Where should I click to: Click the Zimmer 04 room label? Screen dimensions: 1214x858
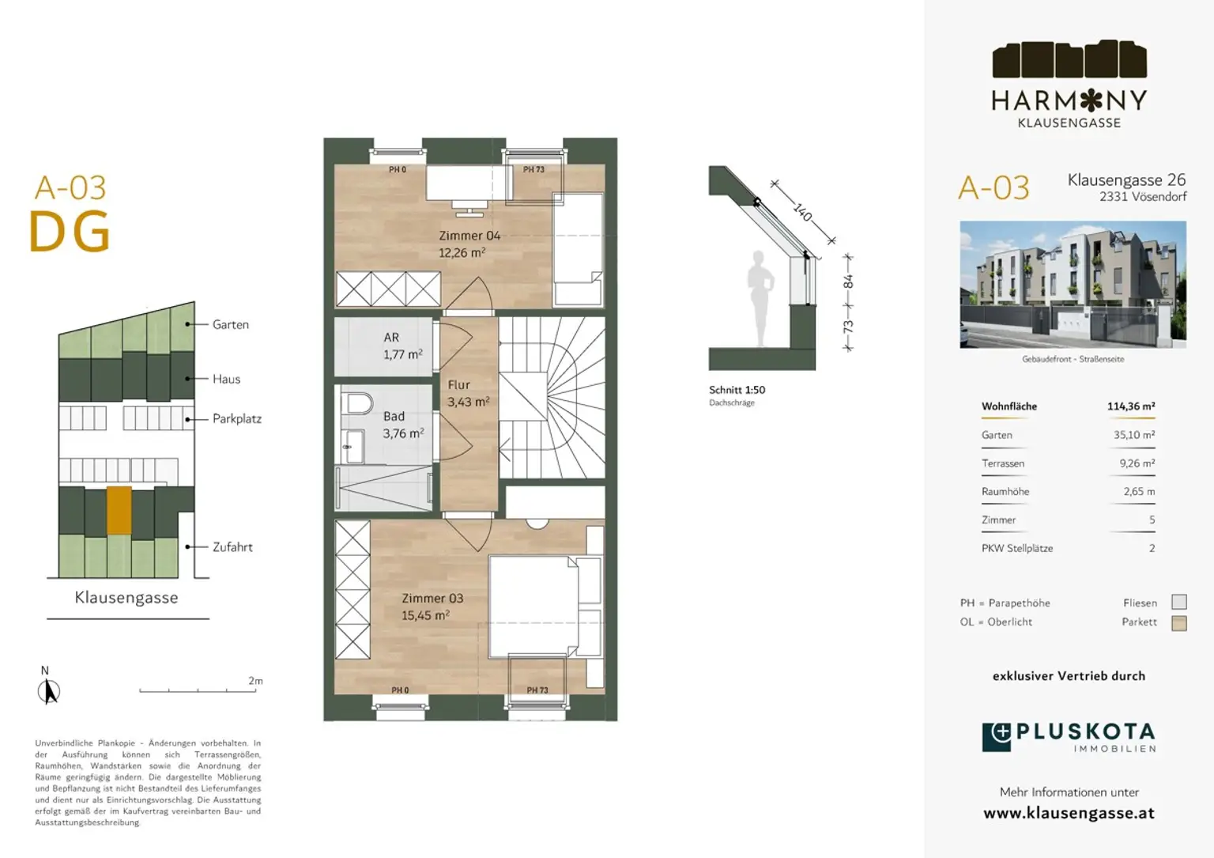[469, 236]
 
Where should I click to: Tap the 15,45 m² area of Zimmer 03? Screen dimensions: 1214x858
[425, 615]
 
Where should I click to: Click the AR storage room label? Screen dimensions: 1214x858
[391, 338]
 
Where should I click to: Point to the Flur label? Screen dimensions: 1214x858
[458, 385]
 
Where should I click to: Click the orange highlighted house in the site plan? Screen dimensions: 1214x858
[119, 510]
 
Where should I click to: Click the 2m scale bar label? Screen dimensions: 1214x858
[255, 681]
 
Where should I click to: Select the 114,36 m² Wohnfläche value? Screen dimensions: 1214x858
[1130, 406]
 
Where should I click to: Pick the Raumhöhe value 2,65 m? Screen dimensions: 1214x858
[1139, 491]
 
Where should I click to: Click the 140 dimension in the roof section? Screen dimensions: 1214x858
[803, 211]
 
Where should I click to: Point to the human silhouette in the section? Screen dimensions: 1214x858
[760, 299]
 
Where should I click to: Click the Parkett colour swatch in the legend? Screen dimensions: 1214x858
[1178, 622]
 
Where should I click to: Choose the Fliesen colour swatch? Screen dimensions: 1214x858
[1178, 602]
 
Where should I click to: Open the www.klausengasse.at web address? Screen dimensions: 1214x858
[1069, 813]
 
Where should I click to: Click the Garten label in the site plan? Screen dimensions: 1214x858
[230, 325]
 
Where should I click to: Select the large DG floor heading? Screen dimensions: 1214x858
[70, 232]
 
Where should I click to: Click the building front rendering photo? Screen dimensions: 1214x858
[1073, 284]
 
